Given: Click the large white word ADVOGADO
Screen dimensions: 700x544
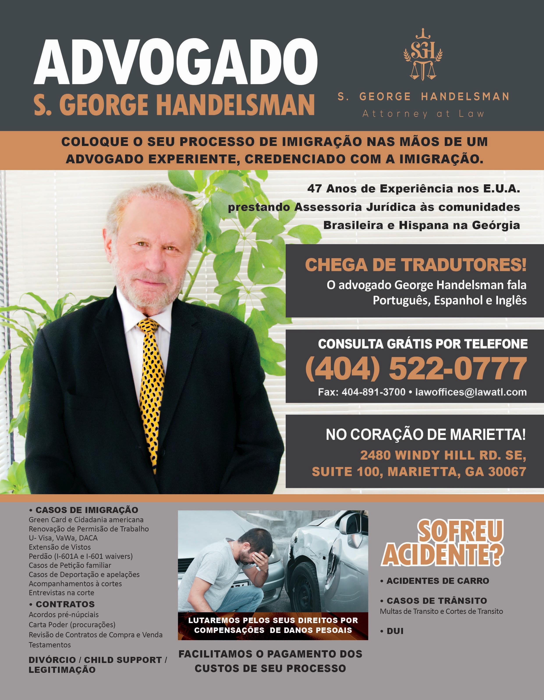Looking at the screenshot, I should [x=175, y=62].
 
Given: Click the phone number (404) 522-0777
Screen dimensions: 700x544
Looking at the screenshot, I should [x=416, y=369].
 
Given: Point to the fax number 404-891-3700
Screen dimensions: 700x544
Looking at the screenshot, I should [x=373, y=392].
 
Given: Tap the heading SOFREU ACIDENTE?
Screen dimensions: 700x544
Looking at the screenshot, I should [x=442, y=544].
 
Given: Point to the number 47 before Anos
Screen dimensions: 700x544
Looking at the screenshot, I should [x=315, y=189].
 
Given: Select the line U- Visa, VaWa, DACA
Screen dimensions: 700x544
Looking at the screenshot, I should [x=63, y=538].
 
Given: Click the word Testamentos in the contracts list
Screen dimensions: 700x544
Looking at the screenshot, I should [x=50, y=645].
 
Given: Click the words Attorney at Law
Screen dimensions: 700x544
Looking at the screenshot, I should [x=423, y=114].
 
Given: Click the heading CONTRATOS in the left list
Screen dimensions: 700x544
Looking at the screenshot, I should [x=65, y=604].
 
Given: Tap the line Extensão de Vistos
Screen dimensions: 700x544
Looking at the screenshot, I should [x=60, y=547].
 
